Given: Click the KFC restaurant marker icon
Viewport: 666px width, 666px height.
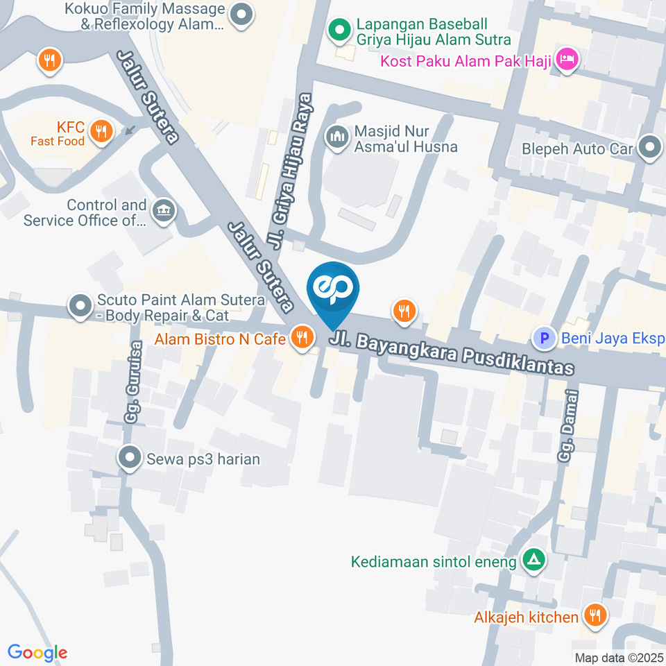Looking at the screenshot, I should (x=102, y=130).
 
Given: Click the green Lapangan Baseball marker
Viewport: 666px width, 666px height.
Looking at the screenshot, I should (x=339, y=30).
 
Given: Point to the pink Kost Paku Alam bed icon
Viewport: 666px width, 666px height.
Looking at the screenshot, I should (x=567, y=60).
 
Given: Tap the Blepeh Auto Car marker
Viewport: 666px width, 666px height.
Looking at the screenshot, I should (x=650, y=147).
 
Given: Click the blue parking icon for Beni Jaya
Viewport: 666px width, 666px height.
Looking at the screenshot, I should (x=544, y=339).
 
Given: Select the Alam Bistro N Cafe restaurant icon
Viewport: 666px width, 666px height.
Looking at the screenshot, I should (x=301, y=338).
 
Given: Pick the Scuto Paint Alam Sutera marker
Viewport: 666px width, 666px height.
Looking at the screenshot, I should (x=80, y=305).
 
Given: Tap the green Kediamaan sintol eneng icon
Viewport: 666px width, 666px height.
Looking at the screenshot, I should (x=533, y=559).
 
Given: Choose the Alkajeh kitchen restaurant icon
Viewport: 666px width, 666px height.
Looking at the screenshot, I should (x=594, y=615).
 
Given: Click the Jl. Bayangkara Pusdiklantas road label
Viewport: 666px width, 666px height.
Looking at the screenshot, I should (x=452, y=353).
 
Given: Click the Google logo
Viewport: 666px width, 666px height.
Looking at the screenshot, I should (x=37, y=653).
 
